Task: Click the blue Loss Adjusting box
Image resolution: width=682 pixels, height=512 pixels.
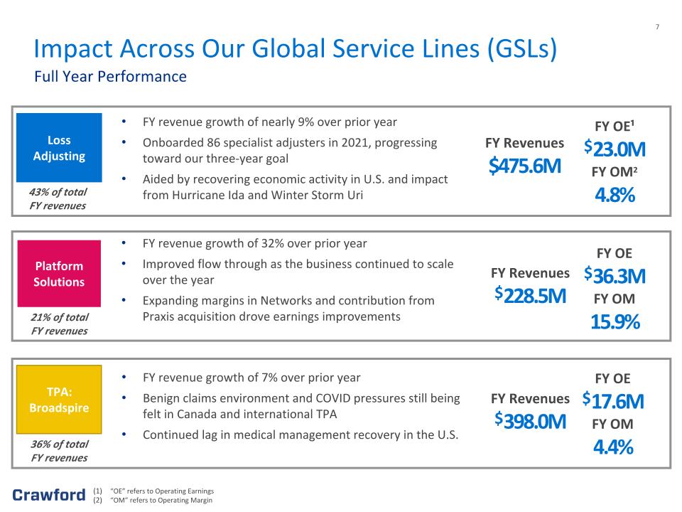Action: coord(59,148)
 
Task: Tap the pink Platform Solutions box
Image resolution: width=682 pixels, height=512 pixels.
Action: coord(59,273)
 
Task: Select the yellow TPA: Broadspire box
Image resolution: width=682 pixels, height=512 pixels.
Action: coord(59,399)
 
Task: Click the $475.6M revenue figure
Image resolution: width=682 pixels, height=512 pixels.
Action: coord(525,166)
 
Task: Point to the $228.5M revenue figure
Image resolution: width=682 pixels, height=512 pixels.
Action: coord(530,296)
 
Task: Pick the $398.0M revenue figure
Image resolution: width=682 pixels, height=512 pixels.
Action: coord(530,421)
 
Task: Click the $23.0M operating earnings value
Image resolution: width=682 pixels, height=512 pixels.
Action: coord(615,149)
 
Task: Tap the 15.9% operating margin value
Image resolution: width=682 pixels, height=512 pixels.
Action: coord(615,321)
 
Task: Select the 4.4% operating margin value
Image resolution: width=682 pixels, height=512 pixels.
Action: coord(613,447)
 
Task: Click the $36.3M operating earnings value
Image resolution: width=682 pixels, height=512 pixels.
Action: coord(615,276)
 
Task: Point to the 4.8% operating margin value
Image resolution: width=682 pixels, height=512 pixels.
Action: coord(615,195)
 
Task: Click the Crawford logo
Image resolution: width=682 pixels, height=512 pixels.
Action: coord(49,495)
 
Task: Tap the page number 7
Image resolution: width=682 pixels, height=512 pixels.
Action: coord(657,27)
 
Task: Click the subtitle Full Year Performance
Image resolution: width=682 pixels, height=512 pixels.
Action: coord(111,77)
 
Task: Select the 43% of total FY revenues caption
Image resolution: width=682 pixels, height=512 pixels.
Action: coord(58,198)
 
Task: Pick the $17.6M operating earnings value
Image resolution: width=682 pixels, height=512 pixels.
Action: coord(613,401)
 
